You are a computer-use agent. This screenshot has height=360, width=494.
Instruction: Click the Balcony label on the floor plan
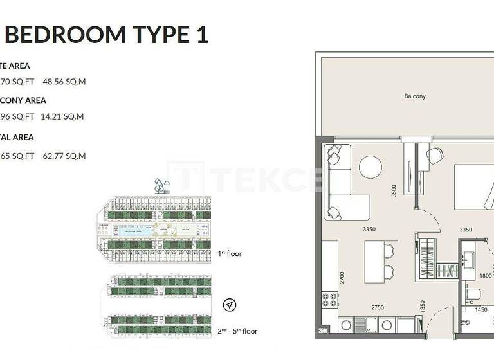(x=415, y=96)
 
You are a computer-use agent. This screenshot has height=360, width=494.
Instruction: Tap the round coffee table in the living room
(x=371, y=167)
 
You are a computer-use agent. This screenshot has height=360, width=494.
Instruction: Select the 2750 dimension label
(x=377, y=308)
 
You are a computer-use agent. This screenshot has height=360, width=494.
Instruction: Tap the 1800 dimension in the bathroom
(x=486, y=276)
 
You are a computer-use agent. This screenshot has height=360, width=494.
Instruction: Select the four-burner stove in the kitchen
(x=329, y=300)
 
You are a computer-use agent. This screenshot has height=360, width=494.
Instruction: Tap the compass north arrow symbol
(x=230, y=305)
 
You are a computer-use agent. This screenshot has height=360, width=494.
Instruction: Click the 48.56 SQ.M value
(x=64, y=82)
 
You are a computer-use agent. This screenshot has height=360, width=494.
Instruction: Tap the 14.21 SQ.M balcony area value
(x=64, y=117)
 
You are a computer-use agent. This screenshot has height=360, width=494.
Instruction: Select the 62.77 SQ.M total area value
(x=64, y=156)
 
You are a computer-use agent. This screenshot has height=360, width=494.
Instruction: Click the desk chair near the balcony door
(x=435, y=154)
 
